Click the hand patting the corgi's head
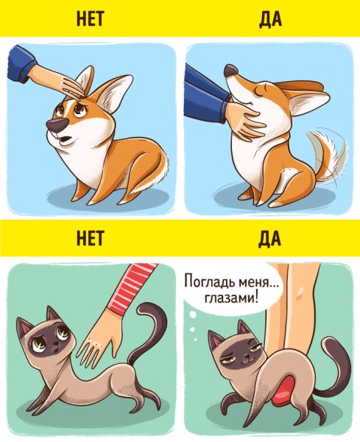tap(62, 83)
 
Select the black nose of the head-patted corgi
tap(54, 127)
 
